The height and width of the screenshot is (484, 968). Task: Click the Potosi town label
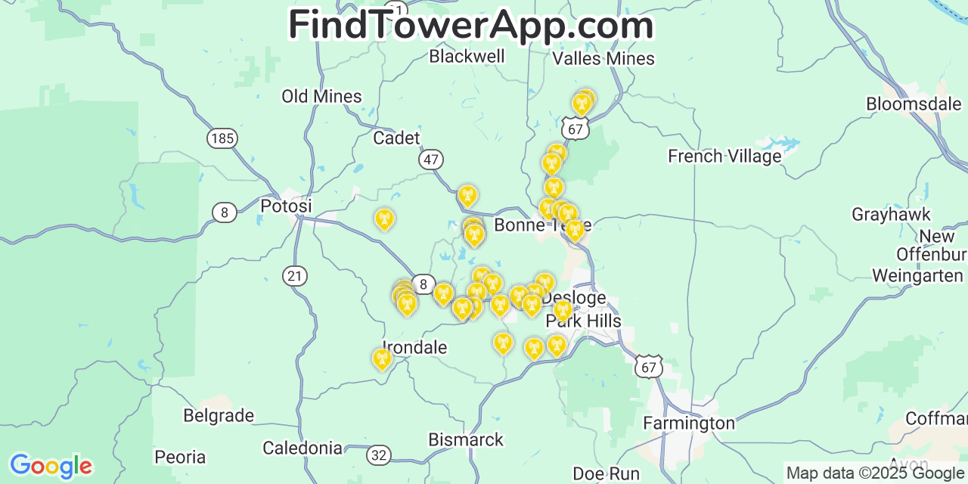(x=286, y=206)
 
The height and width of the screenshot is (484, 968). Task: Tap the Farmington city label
(x=689, y=423)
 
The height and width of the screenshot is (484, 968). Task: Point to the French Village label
(x=724, y=157)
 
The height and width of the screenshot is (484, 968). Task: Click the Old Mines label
(x=321, y=97)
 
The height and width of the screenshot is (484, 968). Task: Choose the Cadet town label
(x=396, y=138)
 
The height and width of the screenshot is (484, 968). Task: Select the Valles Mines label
(x=603, y=59)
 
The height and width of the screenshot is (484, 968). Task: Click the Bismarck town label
(x=466, y=439)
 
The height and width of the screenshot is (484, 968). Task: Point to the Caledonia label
(x=302, y=448)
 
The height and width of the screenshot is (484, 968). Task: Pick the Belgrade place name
(x=219, y=416)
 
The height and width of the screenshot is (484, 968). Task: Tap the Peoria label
(x=180, y=458)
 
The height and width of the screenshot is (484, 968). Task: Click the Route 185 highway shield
(x=222, y=138)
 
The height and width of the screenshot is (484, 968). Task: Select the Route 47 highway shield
(x=431, y=160)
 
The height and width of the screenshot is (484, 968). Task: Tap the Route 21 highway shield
(x=295, y=276)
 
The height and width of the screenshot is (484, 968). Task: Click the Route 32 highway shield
(x=379, y=455)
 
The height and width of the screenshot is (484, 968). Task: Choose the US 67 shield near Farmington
(x=650, y=366)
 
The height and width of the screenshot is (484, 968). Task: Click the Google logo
(x=51, y=466)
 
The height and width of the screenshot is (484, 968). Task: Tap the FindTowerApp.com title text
(x=470, y=26)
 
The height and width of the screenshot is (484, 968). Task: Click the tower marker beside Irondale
(x=382, y=358)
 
